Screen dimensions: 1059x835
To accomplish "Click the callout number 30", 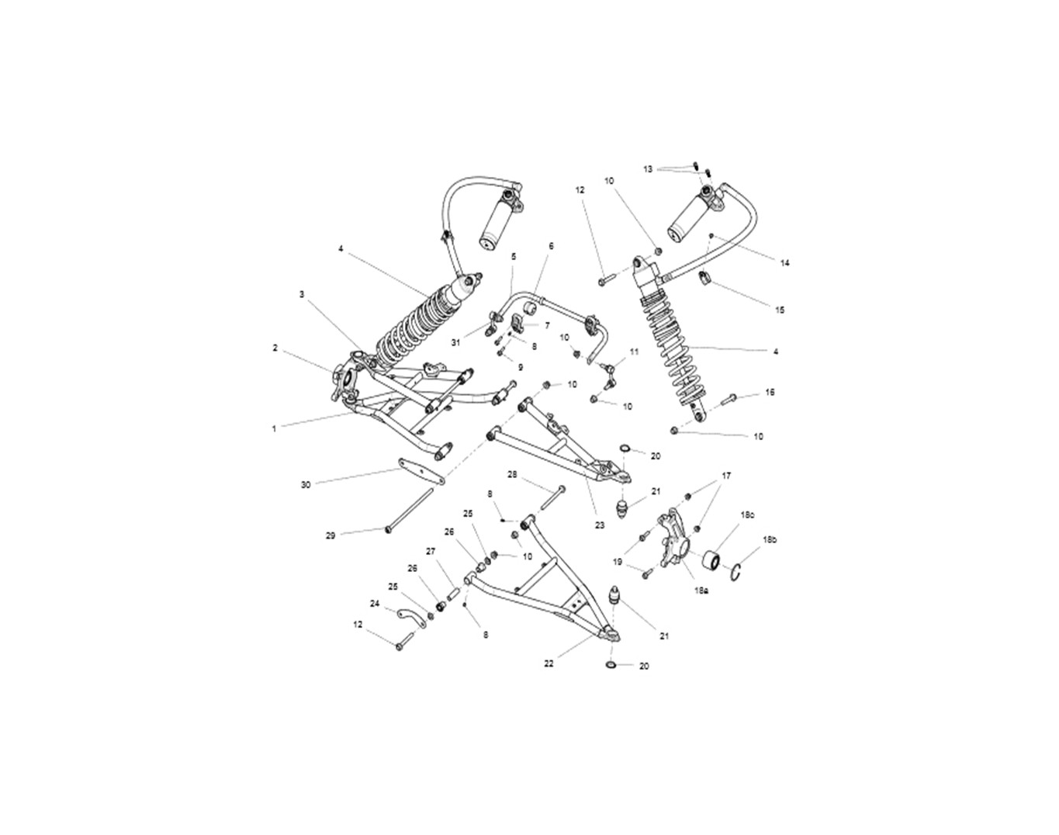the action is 306,485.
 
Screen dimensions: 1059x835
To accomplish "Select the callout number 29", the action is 331,535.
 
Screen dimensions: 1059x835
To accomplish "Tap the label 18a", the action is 701,591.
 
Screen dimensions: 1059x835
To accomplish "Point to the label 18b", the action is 770,539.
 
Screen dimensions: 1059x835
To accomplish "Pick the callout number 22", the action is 549,663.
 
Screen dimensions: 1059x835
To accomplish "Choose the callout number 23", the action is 600,525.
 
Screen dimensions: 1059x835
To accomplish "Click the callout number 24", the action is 375,604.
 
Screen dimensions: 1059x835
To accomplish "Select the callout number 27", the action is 431,552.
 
